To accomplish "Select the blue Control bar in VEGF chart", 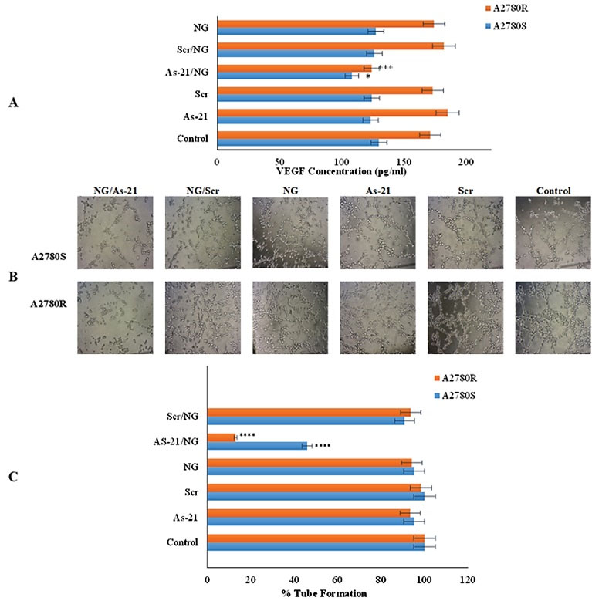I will pyautogui.click(x=297, y=142).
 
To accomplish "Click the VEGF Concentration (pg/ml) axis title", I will pyautogui.click(x=340, y=170).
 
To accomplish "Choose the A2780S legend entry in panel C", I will pyautogui.click(x=467, y=395).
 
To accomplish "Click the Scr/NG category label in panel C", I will pyautogui.click(x=183, y=416).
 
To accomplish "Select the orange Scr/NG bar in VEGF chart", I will pyautogui.click(x=330, y=46).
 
